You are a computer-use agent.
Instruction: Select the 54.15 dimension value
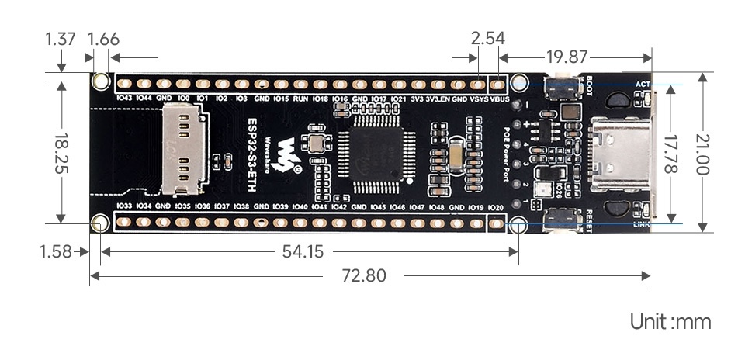299,251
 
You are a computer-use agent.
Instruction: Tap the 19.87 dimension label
566,57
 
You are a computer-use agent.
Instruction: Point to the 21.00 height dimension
704,152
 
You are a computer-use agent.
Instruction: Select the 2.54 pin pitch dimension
488,38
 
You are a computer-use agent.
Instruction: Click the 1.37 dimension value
61,38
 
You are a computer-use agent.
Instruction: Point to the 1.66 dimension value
103,38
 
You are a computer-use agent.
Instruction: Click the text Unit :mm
670,321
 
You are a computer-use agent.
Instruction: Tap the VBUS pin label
500,99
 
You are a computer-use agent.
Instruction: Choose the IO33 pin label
123,206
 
